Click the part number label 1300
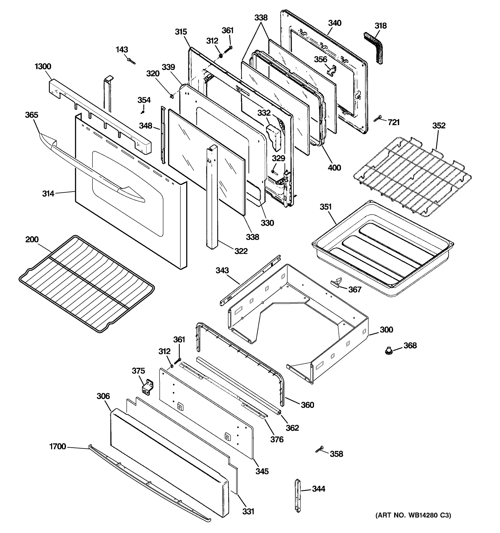(x=43, y=66)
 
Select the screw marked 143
(x=131, y=61)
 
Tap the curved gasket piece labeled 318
(x=374, y=48)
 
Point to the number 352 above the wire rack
(x=439, y=125)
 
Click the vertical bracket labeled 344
(x=298, y=496)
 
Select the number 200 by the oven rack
(x=32, y=239)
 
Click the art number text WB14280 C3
(x=413, y=515)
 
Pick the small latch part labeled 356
(x=332, y=70)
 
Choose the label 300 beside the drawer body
(x=386, y=330)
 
